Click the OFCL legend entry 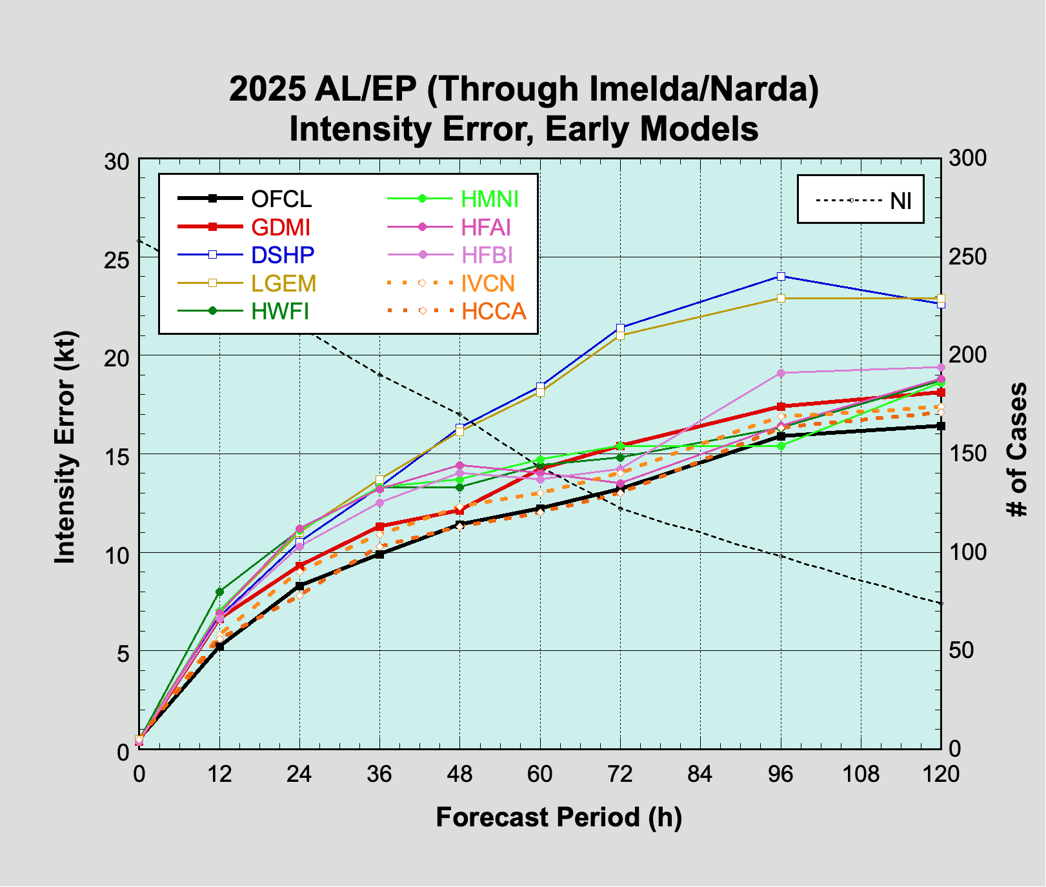[x=281, y=199]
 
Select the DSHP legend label [x=283, y=255]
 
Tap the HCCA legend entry [x=494, y=312]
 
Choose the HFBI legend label [x=487, y=255]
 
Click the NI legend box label [x=901, y=201]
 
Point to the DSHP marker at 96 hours [x=781, y=276]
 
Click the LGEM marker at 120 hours [x=941, y=299]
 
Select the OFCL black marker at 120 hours [x=941, y=426]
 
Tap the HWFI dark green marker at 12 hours [x=219, y=592]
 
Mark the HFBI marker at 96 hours [x=781, y=373]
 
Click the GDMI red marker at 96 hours [x=781, y=406]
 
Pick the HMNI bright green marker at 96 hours [x=781, y=446]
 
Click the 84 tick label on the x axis [x=700, y=773]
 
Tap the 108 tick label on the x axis [x=861, y=773]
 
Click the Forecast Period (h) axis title [x=559, y=817]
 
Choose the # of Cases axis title [x=1018, y=450]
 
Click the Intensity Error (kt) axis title [x=65, y=448]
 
